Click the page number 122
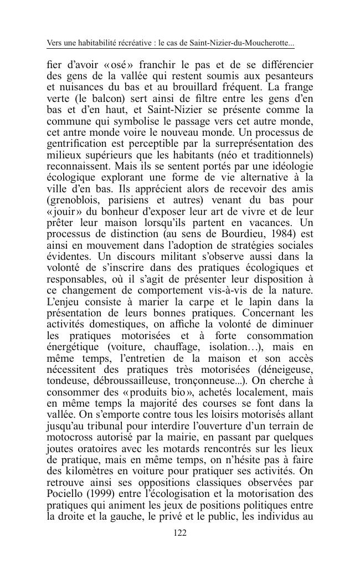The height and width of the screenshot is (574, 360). [180, 533]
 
